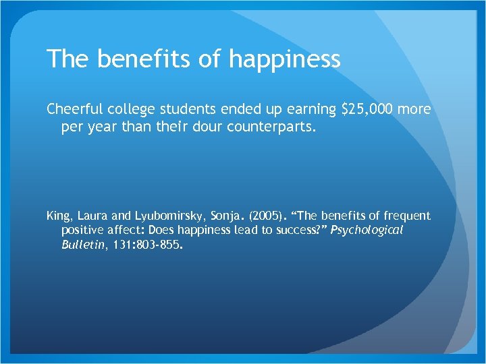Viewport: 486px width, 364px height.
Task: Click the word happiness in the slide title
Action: (285, 60)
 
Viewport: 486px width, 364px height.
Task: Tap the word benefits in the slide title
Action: (142, 60)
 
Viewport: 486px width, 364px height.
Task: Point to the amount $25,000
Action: (365, 109)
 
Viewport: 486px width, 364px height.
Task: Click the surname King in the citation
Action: (57, 216)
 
